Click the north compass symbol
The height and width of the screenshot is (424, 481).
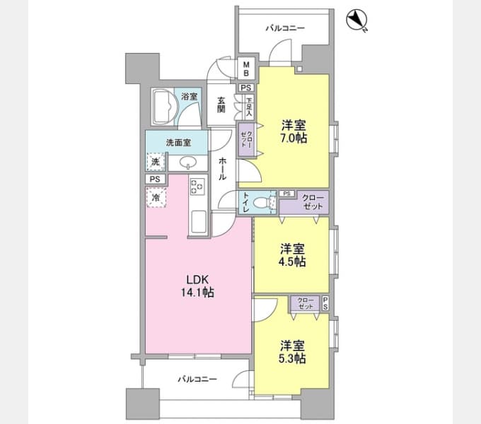357,20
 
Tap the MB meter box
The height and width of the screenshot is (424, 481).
246,69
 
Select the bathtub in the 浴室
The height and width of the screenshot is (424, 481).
163,107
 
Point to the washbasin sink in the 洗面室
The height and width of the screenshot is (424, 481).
187,163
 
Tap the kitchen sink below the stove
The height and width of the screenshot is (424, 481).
199,221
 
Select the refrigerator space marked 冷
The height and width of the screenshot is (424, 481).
156,198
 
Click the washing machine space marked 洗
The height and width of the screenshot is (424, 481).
156,161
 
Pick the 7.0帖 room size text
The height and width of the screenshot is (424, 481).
294,139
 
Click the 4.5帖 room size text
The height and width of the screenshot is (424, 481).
292,262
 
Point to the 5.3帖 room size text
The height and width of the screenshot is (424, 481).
292,358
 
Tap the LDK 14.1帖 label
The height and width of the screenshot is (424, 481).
197,286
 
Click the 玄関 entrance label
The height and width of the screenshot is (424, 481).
221,105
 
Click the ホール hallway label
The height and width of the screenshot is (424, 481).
223,168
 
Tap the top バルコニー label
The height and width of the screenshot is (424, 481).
285,28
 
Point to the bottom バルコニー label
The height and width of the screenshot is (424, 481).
197,379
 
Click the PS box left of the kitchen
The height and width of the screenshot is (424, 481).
155,179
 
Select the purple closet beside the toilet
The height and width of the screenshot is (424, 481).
304,202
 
